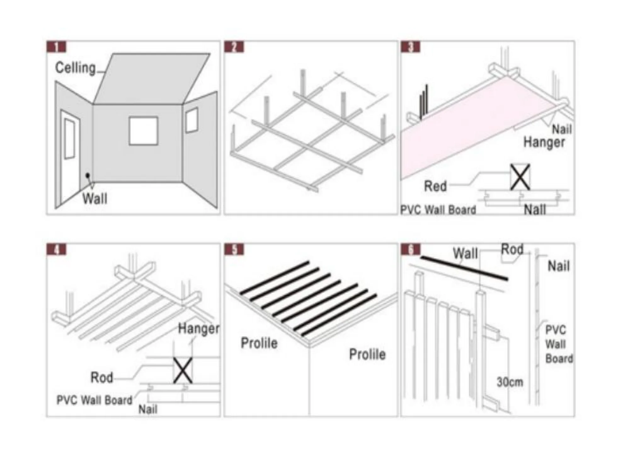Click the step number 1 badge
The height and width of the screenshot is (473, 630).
pyautogui.click(x=56, y=47)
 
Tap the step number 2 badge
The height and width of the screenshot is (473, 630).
pyautogui.click(x=234, y=47)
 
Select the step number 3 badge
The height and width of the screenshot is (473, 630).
pyautogui.click(x=410, y=47)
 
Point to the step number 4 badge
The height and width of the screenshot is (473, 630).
pyautogui.click(x=56, y=249)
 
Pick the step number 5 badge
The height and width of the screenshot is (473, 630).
pyautogui.click(x=234, y=249)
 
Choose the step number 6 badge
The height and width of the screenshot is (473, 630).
pyautogui.click(x=410, y=249)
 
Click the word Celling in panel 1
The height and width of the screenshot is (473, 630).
pyautogui.click(x=75, y=68)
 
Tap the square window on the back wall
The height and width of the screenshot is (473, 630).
pyautogui.click(x=143, y=131)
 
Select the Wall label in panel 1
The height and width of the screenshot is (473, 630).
pyautogui.click(x=95, y=198)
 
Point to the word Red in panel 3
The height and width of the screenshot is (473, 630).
pyautogui.click(x=435, y=186)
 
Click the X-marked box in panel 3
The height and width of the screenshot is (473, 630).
pyautogui.click(x=520, y=177)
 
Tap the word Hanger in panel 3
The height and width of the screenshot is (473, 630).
pyautogui.click(x=544, y=142)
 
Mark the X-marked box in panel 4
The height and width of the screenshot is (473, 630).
pyautogui.click(x=183, y=371)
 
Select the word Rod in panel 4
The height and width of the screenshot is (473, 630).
pyautogui.click(x=102, y=377)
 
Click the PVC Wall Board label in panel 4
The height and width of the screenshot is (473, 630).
pyautogui.click(x=94, y=400)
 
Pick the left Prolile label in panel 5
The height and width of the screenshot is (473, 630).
pyautogui.click(x=259, y=343)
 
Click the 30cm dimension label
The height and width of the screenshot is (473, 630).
pyautogui.click(x=510, y=382)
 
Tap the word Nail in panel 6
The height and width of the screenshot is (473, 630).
pyautogui.click(x=559, y=266)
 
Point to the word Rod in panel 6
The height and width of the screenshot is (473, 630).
pyautogui.click(x=512, y=249)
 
